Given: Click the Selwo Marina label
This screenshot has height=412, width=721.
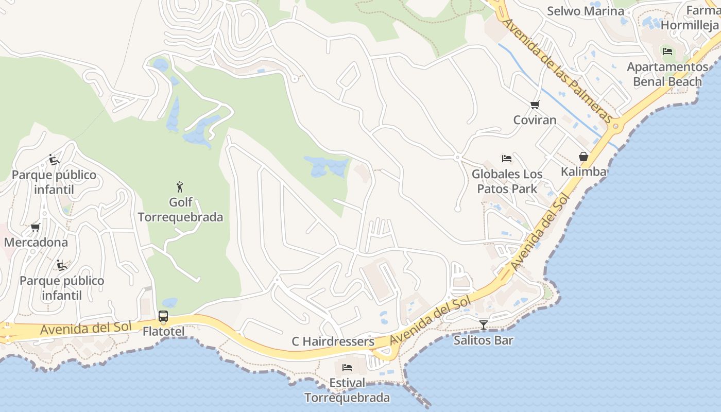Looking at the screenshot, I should point(586,11).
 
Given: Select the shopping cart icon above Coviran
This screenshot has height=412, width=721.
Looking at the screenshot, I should point(535,105).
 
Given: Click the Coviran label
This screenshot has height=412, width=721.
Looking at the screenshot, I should point(535,120).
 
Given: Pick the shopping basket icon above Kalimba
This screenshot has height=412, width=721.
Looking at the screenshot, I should point(583,157).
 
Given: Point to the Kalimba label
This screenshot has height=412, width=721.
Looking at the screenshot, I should point(583,171).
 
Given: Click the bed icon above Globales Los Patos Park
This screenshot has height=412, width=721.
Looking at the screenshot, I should point(507,158).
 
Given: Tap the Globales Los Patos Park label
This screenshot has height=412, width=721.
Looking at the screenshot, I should point(507,181).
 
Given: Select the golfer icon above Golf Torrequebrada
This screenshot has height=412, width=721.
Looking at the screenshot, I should point(180,186).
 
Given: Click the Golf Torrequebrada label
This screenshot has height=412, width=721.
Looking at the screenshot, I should point(180,210).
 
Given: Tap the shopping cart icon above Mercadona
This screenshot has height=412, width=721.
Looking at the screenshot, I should point(36,227).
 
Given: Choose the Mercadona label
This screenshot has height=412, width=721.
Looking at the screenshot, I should point(36,242).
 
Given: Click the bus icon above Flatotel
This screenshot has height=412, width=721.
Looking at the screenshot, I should point(163,316).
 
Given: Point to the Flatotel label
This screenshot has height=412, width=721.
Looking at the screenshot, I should point(163,331).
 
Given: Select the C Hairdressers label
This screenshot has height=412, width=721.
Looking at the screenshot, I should point(333,341).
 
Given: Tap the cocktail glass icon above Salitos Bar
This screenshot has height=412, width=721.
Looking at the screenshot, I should point(484,325).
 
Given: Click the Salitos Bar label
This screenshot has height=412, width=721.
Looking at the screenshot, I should point(484,340).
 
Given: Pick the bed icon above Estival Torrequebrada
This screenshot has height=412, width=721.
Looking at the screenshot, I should point(347,368).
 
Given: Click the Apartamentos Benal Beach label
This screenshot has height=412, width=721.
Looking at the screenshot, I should point(667,74).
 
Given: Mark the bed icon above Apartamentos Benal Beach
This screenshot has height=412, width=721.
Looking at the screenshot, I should point(667,51).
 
